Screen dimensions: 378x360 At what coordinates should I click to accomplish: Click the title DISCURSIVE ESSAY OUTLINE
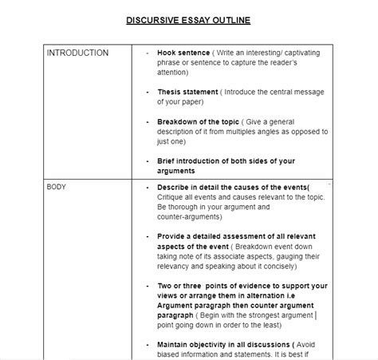click(189, 20)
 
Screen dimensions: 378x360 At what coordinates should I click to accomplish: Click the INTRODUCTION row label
click(77, 53)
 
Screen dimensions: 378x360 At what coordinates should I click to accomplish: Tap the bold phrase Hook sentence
click(183, 53)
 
